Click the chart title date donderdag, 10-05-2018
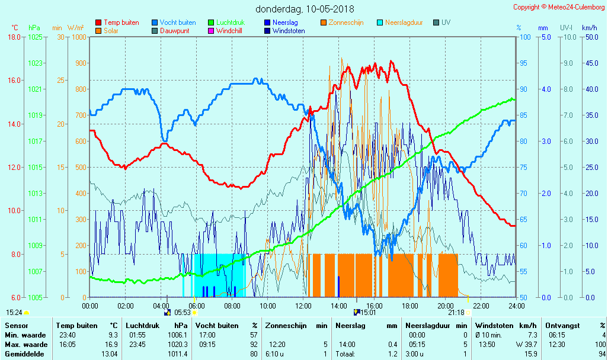click(x=305, y=9)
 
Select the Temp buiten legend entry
click(x=121, y=22)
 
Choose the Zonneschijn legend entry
click(x=346, y=22)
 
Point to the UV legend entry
click(x=446, y=22)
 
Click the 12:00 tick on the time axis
click(x=303, y=306)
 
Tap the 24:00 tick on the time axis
click(x=516, y=306)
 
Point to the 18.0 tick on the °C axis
click(x=14, y=37)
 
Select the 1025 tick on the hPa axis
click(x=35, y=37)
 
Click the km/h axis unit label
click(x=589, y=28)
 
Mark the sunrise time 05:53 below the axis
click(x=182, y=313)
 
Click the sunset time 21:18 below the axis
click(x=456, y=313)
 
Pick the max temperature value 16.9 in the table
click(x=111, y=345)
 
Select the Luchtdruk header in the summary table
click(x=142, y=326)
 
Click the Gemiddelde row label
click(x=24, y=354)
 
